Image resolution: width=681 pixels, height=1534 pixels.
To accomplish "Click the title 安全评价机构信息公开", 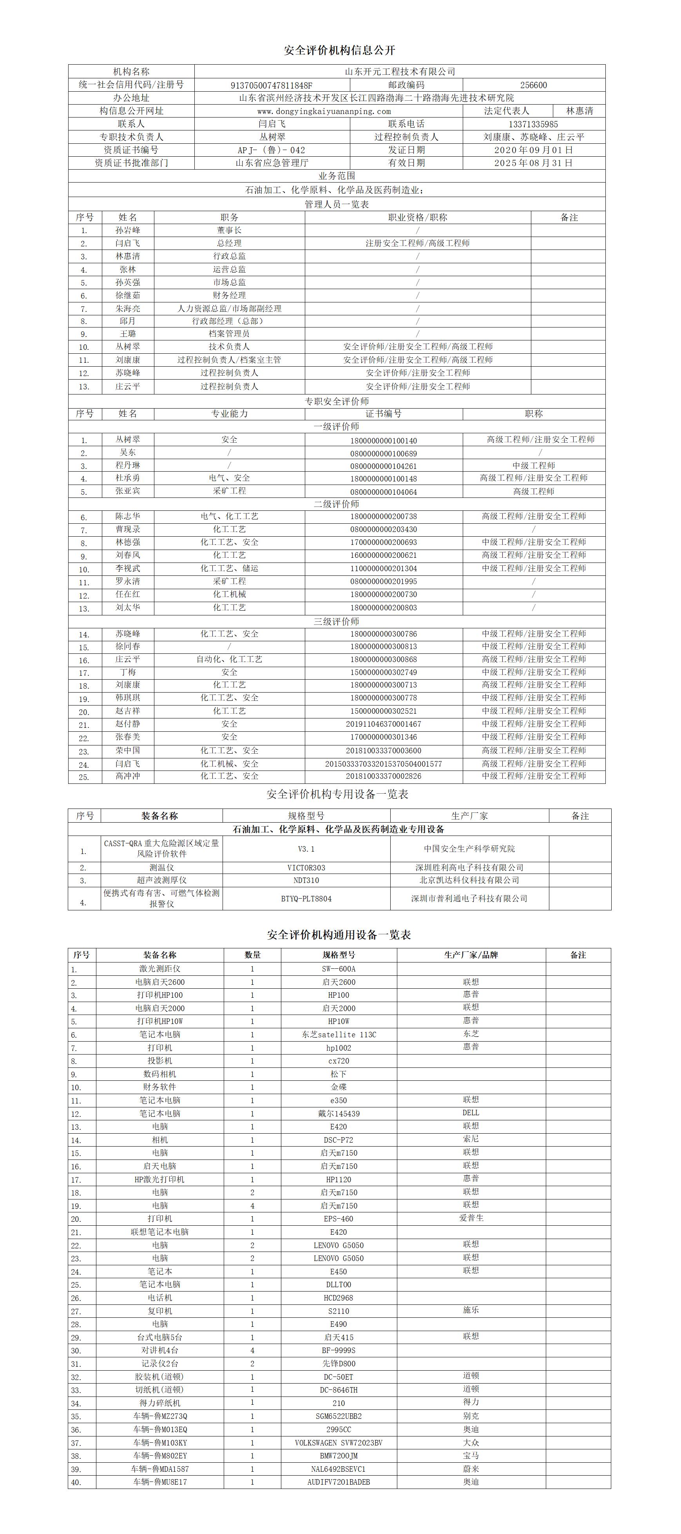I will click(x=340, y=51).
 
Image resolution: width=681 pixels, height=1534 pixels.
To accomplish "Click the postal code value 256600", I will click(x=533, y=85).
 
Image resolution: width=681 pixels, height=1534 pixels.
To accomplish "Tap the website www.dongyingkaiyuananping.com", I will click(x=324, y=111).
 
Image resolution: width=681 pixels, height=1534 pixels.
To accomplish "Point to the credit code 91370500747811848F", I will click(x=271, y=85).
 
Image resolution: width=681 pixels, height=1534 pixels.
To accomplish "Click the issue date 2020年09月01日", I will click(x=533, y=150).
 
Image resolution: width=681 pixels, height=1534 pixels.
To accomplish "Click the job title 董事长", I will click(x=229, y=230).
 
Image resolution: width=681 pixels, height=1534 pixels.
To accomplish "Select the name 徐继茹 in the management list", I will click(x=128, y=295).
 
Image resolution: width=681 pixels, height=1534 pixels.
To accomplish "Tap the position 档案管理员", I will click(x=229, y=334).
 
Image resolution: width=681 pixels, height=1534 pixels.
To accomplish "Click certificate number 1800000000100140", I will click(x=383, y=441).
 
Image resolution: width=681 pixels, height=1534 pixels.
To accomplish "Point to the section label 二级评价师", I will click(x=337, y=504).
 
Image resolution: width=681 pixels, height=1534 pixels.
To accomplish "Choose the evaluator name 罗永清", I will click(x=128, y=582).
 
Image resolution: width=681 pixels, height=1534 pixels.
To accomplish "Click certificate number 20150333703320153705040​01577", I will click(x=383, y=764).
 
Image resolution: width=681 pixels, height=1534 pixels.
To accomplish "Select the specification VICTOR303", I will click(x=306, y=868).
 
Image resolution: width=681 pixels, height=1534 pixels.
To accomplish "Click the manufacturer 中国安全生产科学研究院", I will click(x=469, y=848).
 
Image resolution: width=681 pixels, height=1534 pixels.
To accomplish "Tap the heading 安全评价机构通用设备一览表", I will click(x=339, y=935).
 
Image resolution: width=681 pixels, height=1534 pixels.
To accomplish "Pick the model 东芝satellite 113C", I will click(x=339, y=1035).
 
